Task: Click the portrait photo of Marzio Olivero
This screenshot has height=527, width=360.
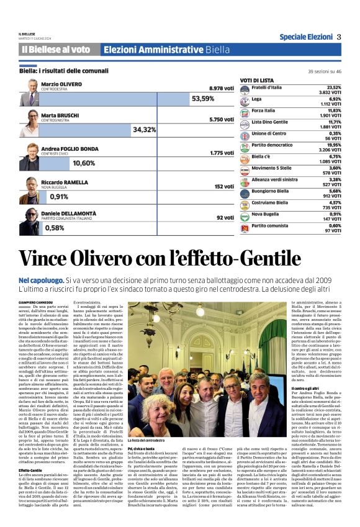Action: [29, 92]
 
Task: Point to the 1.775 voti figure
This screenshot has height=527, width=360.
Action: [221, 153]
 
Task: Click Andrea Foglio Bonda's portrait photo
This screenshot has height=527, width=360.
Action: [29, 156]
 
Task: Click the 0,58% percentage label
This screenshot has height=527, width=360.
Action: [55, 228]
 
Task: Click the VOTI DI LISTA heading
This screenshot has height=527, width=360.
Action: [257, 81]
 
